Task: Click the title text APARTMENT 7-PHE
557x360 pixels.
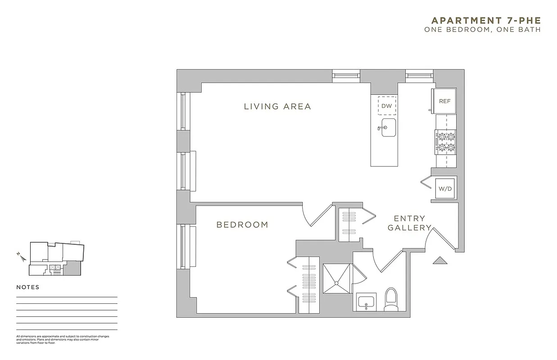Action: click(486, 21)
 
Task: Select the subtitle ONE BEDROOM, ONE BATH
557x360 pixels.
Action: click(482, 30)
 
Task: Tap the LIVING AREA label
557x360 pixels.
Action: click(277, 107)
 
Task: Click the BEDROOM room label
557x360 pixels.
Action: click(242, 225)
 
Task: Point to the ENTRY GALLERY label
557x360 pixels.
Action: click(409, 223)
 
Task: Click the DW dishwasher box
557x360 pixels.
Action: click(387, 106)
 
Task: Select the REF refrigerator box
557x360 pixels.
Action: click(444, 101)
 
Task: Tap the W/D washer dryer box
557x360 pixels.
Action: click(445, 189)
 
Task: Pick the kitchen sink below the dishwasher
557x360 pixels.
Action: click(388, 127)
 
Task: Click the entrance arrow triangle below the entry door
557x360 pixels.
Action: click(438, 260)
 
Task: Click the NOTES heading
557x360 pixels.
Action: click(28, 287)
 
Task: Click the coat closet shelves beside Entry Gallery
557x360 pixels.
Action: click(349, 222)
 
